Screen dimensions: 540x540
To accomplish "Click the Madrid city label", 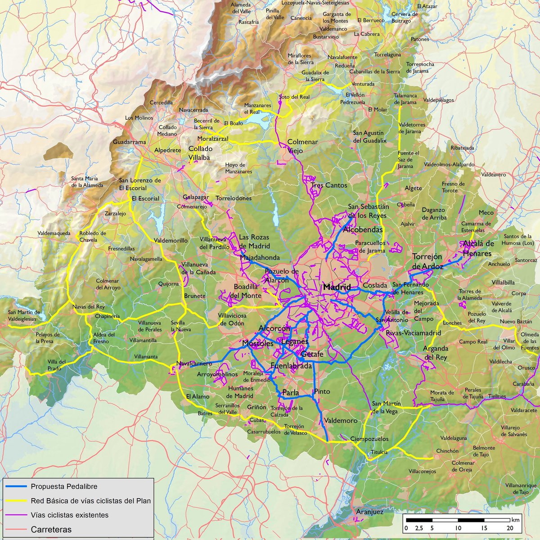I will tap(337, 287).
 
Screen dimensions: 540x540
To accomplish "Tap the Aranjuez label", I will tap(369, 512).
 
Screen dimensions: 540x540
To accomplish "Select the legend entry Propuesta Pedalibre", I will tap(64, 486).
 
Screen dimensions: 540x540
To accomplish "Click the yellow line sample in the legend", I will tap(16, 501).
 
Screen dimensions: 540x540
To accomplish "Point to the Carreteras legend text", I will tap(51, 530).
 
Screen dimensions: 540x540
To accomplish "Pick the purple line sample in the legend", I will tap(16, 515).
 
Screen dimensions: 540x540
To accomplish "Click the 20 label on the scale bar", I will tap(510, 528).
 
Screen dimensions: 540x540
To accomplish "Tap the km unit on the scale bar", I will tap(515, 519).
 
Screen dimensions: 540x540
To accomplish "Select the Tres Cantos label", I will tap(329, 185).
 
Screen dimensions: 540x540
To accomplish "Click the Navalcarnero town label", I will tap(194, 363).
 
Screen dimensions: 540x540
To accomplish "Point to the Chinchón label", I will tap(447, 451).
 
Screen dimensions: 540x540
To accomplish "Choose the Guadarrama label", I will tap(129, 142).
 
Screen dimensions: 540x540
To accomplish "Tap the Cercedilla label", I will tap(161, 103).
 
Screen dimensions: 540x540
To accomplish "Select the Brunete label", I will tap(195, 296).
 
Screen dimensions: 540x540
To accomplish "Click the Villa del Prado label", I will tap(57, 365).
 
